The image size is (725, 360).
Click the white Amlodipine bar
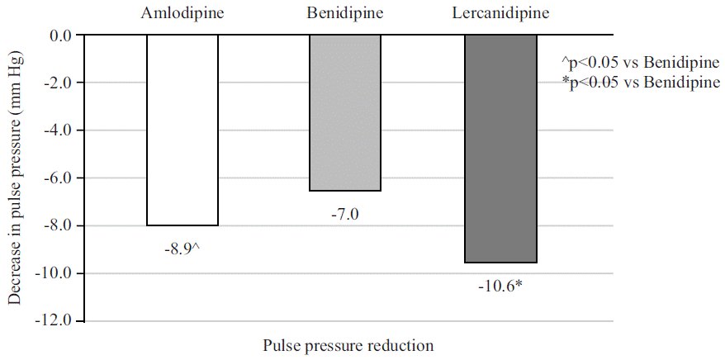(x=182, y=130)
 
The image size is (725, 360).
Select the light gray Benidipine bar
(x=344, y=113)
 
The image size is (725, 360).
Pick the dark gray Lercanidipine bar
(x=500, y=149)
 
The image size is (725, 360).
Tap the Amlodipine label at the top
(x=182, y=13)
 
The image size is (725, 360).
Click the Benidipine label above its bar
(x=344, y=13)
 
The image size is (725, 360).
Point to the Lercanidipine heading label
(x=501, y=13)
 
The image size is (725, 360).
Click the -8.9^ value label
(x=182, y=248)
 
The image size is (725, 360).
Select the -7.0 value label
(x=344, y=214)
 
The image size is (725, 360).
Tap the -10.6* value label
(x=501, y=286)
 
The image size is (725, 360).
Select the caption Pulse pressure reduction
(x=348, y=344)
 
